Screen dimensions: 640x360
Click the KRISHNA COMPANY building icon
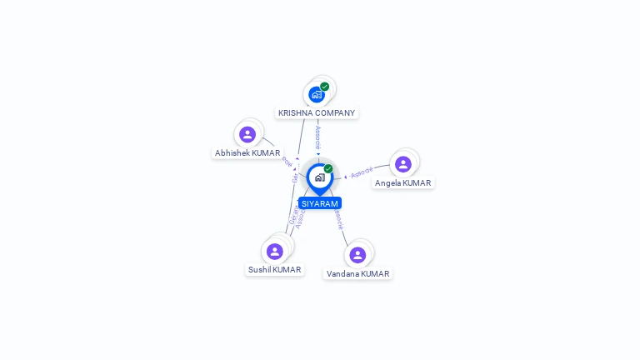pyautogui.click(x=317, y=94)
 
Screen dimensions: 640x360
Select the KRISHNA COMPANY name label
pyautogui.click(x=317, y=113)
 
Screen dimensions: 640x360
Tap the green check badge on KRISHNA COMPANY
pyautogui.click(x=325, y=87)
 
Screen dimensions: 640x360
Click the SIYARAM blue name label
pyautogui.click(x=320, y=203)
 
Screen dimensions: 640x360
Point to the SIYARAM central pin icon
pyautogui.click(x=319, y=177)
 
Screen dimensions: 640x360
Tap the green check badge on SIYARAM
pyautogui.click(x=328, y=169)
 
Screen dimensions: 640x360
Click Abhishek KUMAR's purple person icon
pyautogui.click(x=247, y=134)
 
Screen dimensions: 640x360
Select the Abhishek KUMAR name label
pyautogui.click(x=247, y=153)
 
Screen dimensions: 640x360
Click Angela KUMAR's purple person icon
pyautogui.click(x=403, y=164)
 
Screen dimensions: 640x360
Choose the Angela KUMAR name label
pyautogui.click(x=403, y=183)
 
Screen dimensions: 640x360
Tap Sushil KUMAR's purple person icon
pyautogui.click(x=275, y=251)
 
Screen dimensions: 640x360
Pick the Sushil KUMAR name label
pyautogui.click(x=275, y=270)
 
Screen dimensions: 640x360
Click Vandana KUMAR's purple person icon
pyautogui.click(x=357, y=255)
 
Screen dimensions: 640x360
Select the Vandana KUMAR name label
pyautogui.click(x=357, y=274)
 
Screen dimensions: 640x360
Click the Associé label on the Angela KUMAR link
pyautogui.click(x=362, y=173)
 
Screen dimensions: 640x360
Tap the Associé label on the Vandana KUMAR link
pyautogui.click(x=338, y=220)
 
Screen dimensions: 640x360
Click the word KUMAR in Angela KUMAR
pyautogui.click(x=417, y=183)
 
